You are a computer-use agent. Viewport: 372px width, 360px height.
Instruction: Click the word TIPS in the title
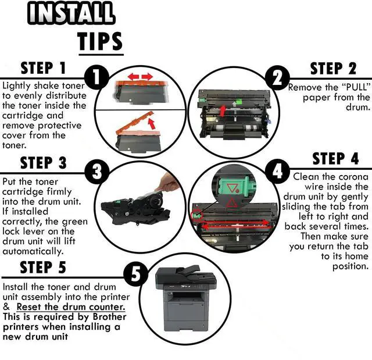100,41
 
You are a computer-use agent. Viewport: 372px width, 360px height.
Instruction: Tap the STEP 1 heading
44,68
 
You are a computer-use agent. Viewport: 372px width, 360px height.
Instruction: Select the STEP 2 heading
333,68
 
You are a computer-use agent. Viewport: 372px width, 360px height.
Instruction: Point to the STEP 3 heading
44,162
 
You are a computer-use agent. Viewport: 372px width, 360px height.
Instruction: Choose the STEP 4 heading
335,159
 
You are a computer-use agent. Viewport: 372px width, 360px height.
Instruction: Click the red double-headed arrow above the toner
140,77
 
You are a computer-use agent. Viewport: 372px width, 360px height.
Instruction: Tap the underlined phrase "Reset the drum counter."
70,306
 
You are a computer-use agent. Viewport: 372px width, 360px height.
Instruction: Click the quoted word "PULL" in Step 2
345,87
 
